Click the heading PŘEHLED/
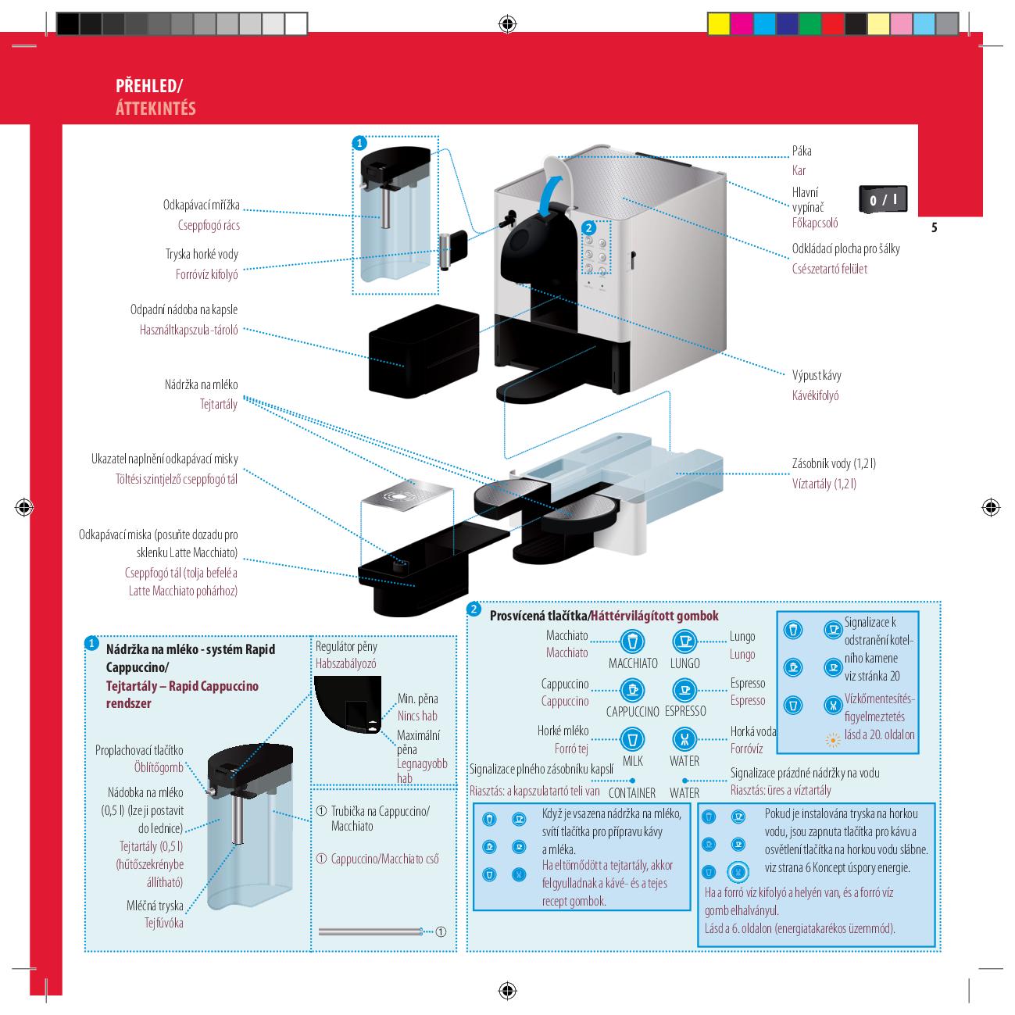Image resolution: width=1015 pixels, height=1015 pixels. [x=148, y=85]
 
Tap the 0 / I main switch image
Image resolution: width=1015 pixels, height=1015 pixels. [x=883, y=199]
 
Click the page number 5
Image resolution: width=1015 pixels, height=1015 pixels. [x=934, y=228]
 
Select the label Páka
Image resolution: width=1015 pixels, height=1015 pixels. [x=801, y=151]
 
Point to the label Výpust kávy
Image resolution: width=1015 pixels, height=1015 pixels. [x=817, y=375]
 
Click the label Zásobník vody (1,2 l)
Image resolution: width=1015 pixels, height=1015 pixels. [x=834, y=463]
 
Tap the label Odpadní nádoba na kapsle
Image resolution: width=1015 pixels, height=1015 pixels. [x=184, y=309]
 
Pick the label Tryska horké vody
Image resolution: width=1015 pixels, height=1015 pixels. [x=202, y=254]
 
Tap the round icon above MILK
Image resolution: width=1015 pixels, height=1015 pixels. [x=632, y=739]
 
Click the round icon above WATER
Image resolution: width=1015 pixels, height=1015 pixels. [x=684, y=739]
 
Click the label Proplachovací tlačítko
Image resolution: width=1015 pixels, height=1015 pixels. [x=139, y=750]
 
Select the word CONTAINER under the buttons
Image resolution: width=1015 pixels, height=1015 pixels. [x=632, y=793]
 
